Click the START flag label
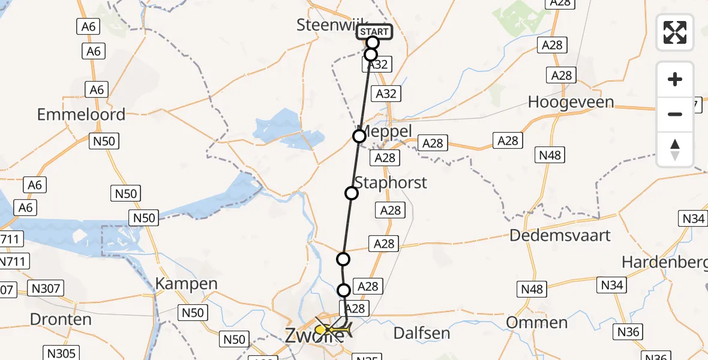point(374,31)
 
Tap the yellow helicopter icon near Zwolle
point(331,329)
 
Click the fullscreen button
point(675,32)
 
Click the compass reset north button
point(675,149)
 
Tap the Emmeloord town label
point(81,114)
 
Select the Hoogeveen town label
point(571,102)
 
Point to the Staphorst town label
point(391,182)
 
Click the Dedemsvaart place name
point(560,235)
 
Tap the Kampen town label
point(178,283)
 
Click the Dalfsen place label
point(421,332)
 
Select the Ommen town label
point(537,322)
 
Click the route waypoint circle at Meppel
point(359,136)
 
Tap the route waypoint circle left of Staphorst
point(352,193)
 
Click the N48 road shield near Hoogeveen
point(550,155)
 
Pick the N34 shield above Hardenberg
point(693,218)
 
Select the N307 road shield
point(46,289)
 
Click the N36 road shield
point(629,331)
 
